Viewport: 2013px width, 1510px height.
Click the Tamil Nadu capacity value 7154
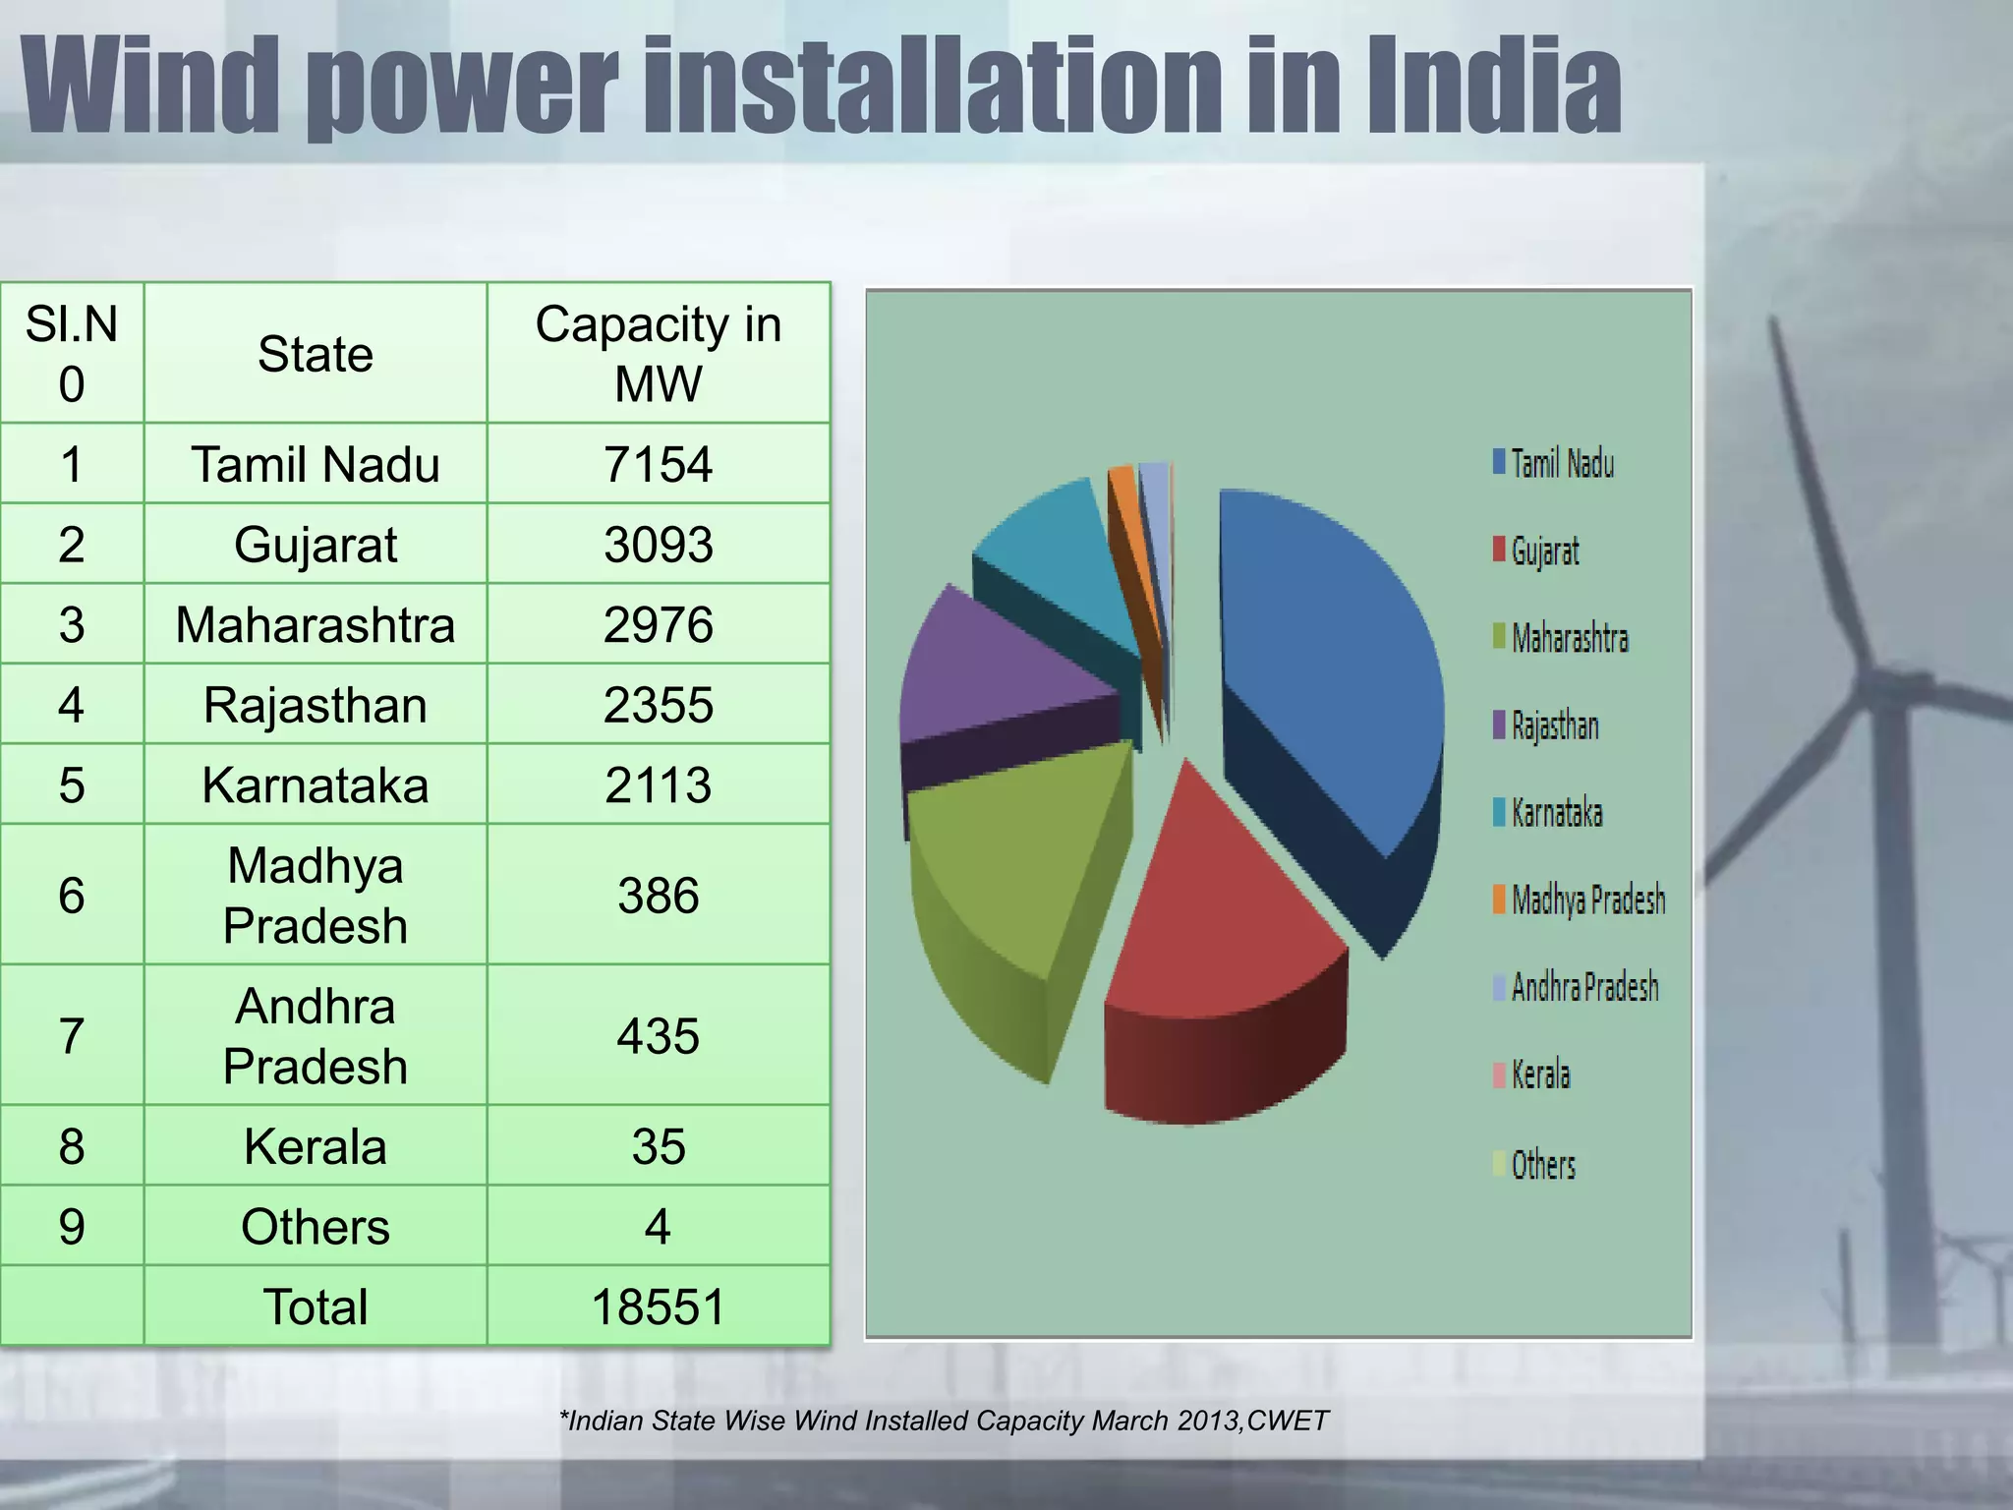point(658,464)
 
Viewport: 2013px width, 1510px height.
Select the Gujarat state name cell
point(316,545)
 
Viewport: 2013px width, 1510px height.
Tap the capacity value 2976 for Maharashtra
point(658,625)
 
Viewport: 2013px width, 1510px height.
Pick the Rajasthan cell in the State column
point(316,705)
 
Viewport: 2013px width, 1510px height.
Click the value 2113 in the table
point(658,785)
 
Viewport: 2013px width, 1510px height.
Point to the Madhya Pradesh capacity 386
point(658,896)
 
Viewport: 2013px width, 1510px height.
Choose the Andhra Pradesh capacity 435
point(658,1036)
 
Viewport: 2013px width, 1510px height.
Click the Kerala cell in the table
point(316,1146)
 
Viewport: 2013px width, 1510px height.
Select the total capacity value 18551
point(658,1307)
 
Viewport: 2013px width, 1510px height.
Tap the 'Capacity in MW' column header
point(658,354)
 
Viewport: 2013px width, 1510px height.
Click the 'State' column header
point(316,354)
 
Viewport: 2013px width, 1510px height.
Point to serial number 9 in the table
point(72,1227)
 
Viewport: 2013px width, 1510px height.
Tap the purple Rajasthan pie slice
point(993,668)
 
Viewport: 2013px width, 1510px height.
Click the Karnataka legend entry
point(1556,813)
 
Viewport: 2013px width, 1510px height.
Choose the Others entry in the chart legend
point(1542,1165)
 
